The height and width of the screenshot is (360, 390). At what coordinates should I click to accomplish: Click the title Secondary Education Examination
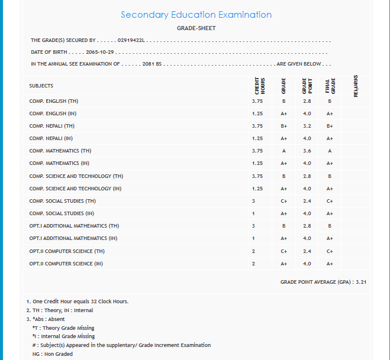point(196,15)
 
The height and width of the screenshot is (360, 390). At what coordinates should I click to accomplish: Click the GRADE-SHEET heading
point(196,28)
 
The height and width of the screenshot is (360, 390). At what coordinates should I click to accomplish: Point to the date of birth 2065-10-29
point(100,52)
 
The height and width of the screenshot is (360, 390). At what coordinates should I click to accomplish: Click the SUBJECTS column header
point(41,86)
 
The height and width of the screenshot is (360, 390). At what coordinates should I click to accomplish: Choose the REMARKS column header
point(356,85)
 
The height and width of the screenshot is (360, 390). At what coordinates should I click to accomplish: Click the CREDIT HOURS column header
point(259,86)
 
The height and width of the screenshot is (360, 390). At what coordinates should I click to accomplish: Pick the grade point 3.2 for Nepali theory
point(307,126)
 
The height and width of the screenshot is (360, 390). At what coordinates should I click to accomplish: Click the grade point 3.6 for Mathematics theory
point(307,151)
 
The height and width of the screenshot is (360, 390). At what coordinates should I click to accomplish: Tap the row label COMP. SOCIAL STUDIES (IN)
point(61,213)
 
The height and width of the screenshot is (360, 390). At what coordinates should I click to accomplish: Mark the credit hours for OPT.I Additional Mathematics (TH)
point(253,226)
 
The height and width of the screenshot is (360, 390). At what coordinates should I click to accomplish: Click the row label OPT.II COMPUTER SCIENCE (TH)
point(69,251)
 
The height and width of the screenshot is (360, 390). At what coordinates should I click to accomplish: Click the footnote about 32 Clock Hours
point(77,301)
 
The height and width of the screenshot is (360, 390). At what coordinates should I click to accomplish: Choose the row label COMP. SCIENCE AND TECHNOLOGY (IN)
point(75,189)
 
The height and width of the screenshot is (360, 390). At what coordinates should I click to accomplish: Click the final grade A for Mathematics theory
point(330,151)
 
